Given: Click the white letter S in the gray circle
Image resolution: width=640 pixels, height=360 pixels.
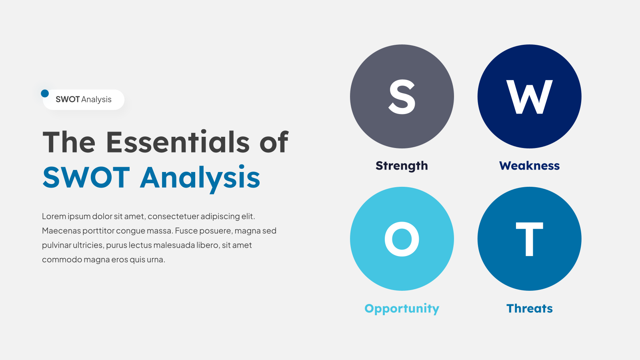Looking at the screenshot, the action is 402,96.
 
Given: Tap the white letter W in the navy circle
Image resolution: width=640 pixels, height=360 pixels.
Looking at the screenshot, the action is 530,96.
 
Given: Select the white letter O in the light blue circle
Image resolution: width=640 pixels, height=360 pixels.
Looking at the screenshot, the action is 402,239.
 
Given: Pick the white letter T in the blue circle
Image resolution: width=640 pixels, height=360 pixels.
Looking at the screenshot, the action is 530,239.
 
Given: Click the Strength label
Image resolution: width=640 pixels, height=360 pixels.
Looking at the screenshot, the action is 402,166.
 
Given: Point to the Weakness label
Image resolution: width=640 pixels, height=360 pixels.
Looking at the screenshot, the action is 530,166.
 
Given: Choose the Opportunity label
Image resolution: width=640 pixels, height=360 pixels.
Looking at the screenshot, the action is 402,309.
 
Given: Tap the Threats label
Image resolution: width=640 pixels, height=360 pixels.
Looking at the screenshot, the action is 530,308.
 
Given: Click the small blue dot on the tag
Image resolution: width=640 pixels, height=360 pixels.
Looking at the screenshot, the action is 45,94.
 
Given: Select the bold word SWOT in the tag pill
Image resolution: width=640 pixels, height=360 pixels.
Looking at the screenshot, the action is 68,100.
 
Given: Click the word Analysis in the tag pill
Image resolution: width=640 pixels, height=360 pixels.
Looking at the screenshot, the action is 96,100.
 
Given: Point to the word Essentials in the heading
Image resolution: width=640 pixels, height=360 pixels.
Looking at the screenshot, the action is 178,142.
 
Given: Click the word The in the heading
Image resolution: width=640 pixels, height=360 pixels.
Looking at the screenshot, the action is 69,142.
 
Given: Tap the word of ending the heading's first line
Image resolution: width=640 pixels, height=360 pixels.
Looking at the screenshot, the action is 274,142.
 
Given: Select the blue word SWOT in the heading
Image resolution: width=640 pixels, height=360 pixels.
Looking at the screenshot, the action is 86,177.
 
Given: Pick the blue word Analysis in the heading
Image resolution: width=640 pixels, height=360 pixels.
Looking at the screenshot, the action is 200,179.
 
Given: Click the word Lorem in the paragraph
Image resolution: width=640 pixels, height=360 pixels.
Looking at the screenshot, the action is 54,216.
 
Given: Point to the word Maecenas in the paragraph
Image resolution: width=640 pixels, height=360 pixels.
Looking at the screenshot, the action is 62,230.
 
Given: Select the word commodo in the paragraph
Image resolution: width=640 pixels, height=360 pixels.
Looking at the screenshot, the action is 62,260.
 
